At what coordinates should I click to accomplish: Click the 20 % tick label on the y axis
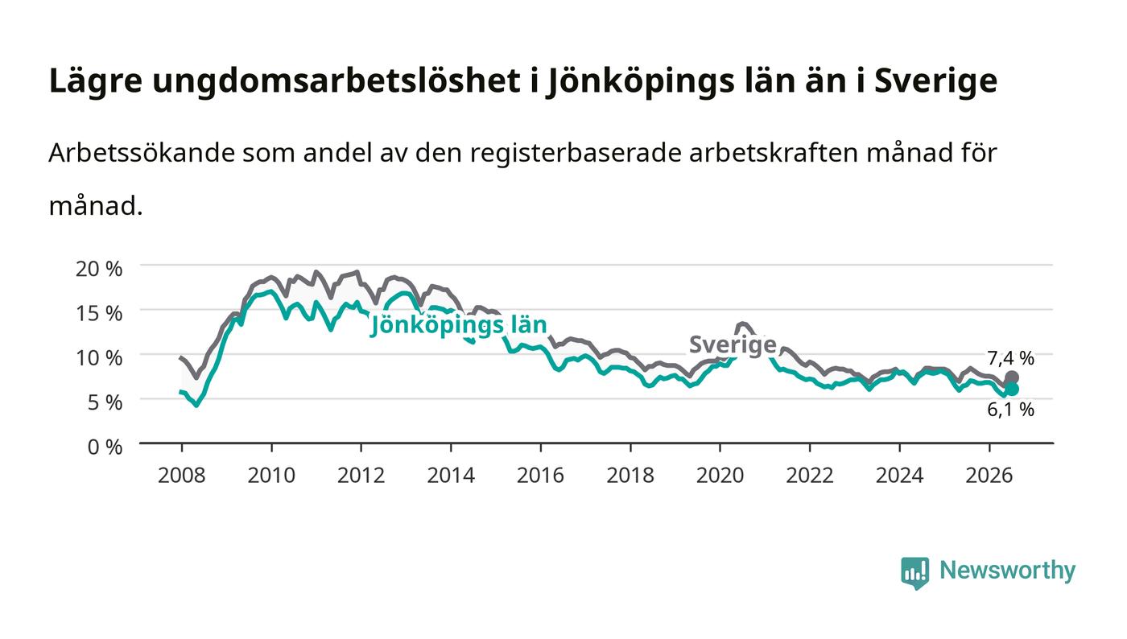pos(98,269)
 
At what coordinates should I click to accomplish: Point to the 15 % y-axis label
pos(98,313)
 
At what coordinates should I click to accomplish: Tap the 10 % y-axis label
pos(98,358)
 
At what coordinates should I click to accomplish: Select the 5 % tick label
pos(105,402)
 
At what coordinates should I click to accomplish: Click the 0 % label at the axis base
pos(105,447)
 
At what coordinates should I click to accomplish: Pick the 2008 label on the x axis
pos(182,475)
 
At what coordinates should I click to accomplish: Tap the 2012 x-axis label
pos(361,475)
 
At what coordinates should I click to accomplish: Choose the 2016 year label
pos(540,475)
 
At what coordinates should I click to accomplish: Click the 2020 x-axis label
pos(720,475)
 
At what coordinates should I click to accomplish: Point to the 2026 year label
pos(989,475)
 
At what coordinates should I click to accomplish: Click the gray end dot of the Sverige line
pos(1012,377)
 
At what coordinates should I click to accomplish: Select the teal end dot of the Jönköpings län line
pos(1012,389)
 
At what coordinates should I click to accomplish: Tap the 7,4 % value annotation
pos(1010,358)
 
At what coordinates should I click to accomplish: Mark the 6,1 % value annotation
pos(1010,410)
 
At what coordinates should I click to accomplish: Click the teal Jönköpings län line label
pos(458,326)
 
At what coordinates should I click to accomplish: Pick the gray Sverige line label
pos(733,345)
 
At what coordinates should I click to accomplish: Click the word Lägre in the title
pos(96,81)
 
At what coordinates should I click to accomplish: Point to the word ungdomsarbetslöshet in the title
pos(336,81)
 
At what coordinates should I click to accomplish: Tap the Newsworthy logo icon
pos(914,573)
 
